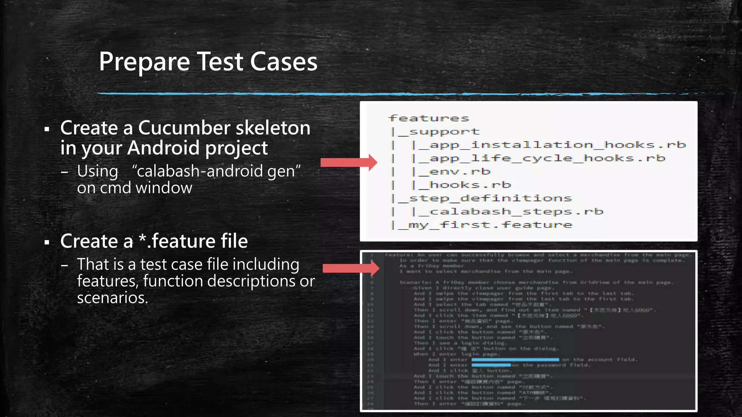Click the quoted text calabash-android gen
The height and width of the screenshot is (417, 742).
click(216, 171)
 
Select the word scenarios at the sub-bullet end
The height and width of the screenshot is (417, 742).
click(112, 298)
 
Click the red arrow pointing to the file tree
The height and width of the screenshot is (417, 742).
click(349, 162)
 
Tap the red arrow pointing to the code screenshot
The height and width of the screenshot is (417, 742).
click(351, 268)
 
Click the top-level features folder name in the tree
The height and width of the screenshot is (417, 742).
click(429, 118)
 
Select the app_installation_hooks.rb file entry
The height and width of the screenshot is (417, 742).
click(557, 145)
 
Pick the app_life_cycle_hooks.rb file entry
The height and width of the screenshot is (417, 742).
click(547, 159)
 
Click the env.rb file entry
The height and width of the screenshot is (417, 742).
click(459, 172)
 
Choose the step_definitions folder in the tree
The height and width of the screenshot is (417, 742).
click(490, 198)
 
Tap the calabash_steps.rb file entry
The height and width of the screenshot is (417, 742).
click(516, 212)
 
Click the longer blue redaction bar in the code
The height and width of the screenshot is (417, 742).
click(515, 359)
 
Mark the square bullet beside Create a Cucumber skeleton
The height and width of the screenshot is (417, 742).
click(46, 129)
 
